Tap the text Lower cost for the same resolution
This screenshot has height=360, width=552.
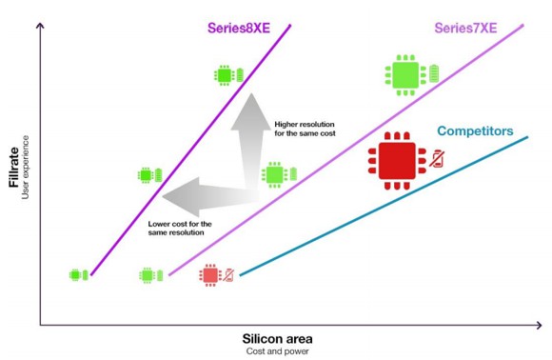tap(181, 229)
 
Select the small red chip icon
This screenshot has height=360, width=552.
tap(209, 275)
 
